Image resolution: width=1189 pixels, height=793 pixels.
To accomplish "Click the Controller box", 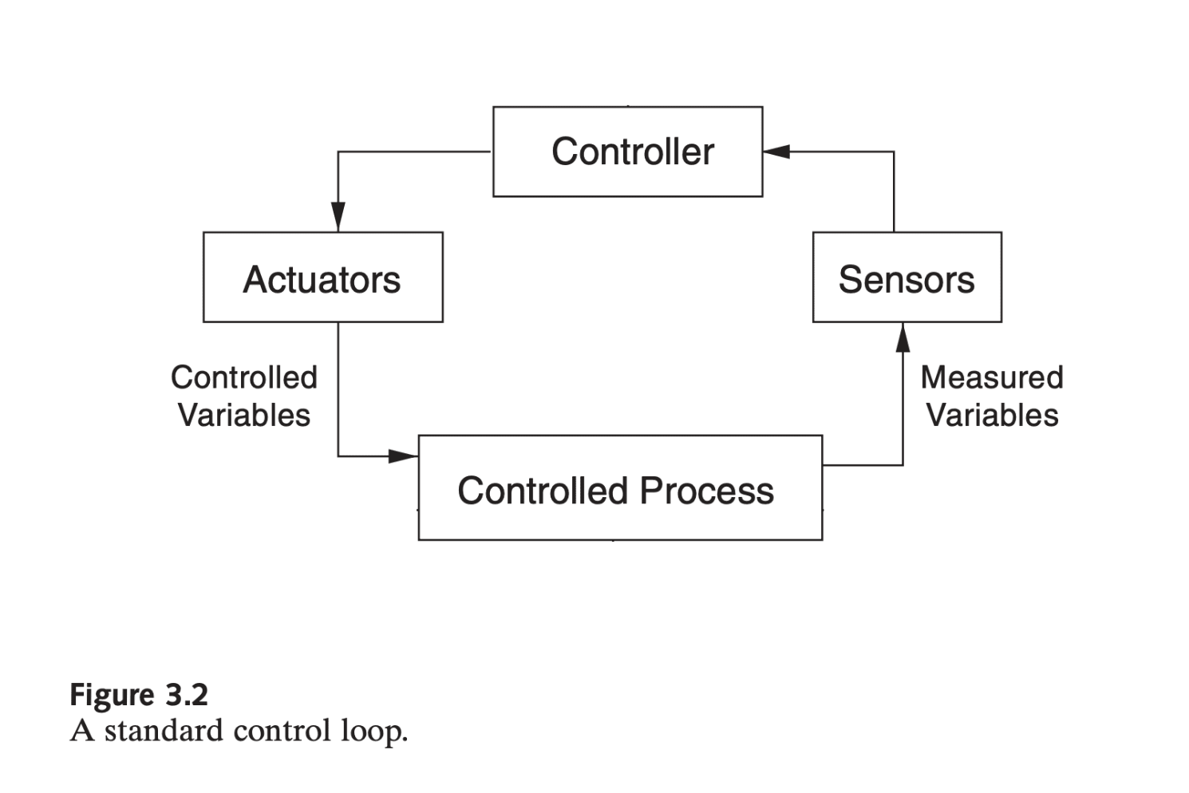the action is (x=627, y=152).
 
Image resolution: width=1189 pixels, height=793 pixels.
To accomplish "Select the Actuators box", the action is (x=322, y=277).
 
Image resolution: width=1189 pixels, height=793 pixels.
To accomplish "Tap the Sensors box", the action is (x=907, y=277).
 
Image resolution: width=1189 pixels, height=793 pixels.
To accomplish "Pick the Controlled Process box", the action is (x=621, y=487).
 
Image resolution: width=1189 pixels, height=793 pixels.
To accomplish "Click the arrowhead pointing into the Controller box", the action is (x=776, y=152).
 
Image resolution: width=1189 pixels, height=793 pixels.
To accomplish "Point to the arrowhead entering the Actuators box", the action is (x=338, y=216).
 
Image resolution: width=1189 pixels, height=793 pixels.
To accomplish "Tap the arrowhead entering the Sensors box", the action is (x=903, y=337).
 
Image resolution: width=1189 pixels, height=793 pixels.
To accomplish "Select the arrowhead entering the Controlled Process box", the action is (x=404, y=456).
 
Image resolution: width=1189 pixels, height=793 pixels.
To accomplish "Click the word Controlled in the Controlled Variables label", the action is (x=244, y=377).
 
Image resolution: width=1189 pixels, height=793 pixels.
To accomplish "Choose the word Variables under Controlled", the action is (x=244, y=415).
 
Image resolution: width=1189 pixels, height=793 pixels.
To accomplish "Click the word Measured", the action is (x=992, y=377).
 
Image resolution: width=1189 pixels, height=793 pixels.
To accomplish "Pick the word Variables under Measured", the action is (x=992, y=415).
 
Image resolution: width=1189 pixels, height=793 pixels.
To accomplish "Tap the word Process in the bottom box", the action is (x=707, y=491).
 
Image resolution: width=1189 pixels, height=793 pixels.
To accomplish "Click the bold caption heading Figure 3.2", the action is (x=139, y=696).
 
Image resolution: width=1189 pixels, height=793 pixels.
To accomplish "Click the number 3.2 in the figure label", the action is (x=187, y=694).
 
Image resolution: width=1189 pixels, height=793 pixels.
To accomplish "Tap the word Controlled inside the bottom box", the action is (x=543, y=491).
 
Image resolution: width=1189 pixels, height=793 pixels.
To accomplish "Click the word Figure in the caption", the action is (x=112, y=696).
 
